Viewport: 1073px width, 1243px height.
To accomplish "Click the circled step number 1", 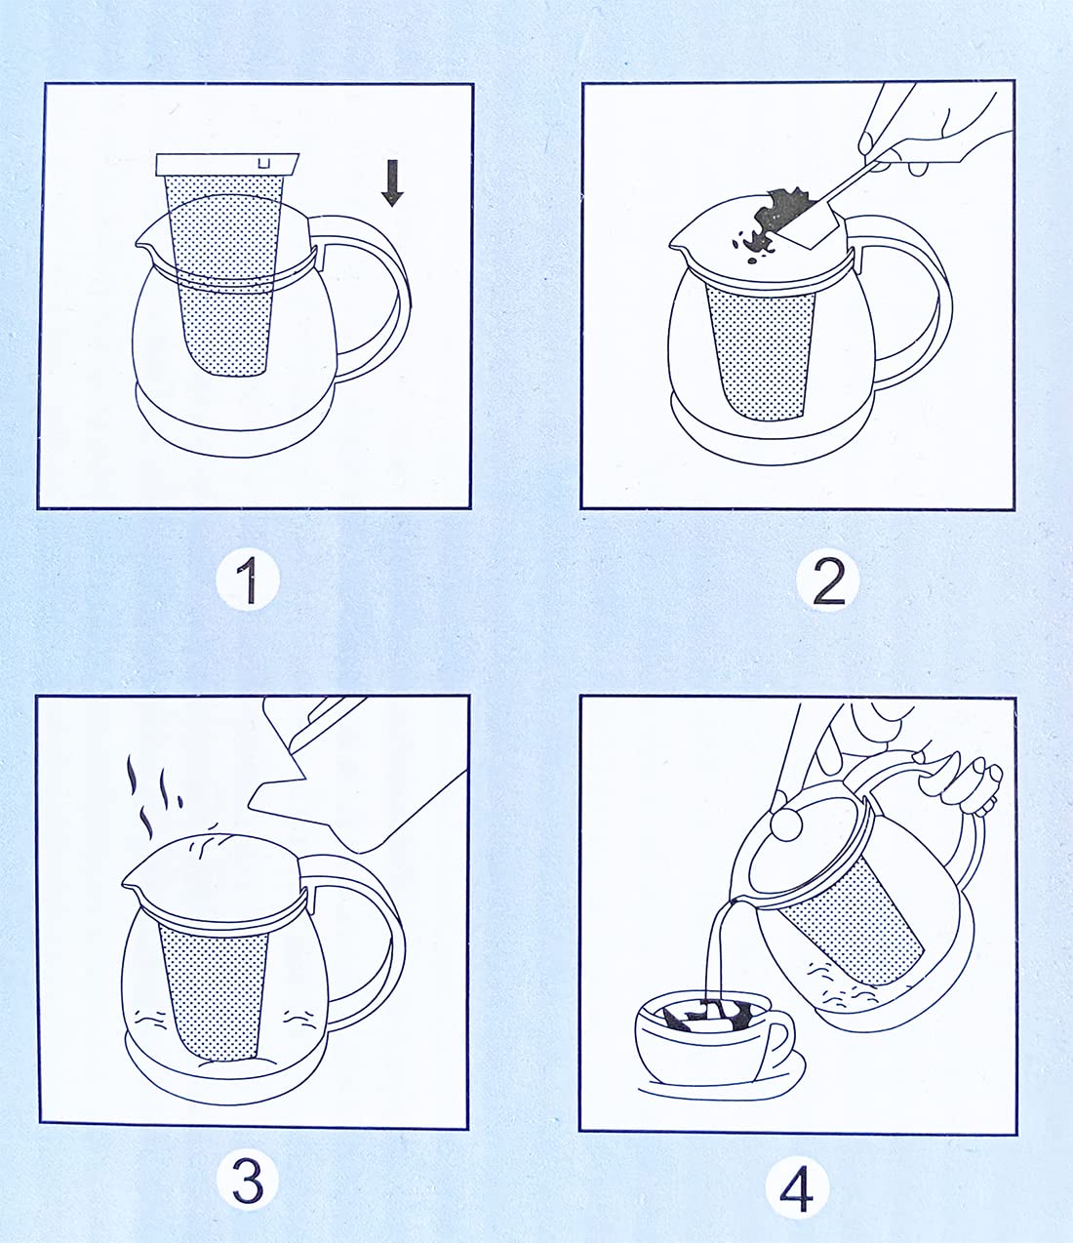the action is pyautogui.click(x=248, y=581).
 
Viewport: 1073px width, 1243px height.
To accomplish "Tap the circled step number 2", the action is pyautogui.click(x=828, y=581).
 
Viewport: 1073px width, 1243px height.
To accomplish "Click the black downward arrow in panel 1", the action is pyautogui.click(x=392, y=182).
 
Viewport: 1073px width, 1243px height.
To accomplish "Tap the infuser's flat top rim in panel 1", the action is pyautogui.click(x=227, y=164).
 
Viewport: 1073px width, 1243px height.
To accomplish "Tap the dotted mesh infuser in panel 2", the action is pyautogui.click(x=762, y=352).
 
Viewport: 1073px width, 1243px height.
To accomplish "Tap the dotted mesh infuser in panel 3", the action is pyautogui.click(x=215, y=991).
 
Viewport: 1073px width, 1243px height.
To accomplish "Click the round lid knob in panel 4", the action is pyautogui.click(x=787, y=824).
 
